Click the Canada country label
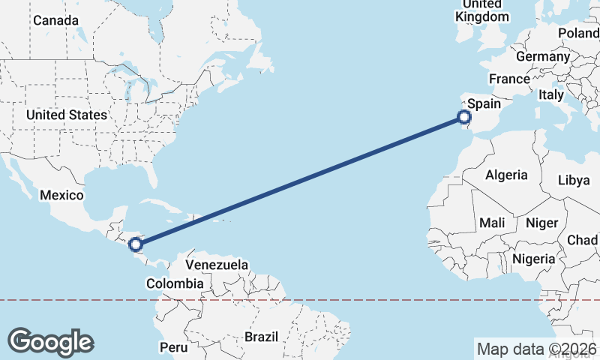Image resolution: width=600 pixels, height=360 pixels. point(55,19)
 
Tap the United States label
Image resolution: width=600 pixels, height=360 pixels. point(66,115)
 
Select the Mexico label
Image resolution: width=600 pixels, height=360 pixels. point(61,195)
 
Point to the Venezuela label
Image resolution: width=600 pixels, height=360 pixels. point(217,265)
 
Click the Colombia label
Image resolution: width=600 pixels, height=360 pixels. point(175,283)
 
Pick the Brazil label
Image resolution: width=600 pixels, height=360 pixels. point(262,337)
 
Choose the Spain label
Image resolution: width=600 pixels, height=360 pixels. point(484,104)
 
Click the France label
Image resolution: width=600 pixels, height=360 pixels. point(509,79)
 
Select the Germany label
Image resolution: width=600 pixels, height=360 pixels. point(543,56)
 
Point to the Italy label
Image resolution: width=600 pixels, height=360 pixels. point(550,95)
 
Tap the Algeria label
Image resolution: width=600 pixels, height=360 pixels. point(507,175)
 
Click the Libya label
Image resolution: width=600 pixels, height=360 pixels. point(574,180)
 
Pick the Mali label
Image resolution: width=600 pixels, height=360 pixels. point(492,223)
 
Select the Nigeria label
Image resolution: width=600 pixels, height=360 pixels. point(534,259)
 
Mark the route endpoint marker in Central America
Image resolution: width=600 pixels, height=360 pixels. point(136,244)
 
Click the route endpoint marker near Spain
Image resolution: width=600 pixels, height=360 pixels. point(464,117)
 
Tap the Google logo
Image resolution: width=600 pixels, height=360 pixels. point(50,342)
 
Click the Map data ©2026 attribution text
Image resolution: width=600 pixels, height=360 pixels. point(536,349)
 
